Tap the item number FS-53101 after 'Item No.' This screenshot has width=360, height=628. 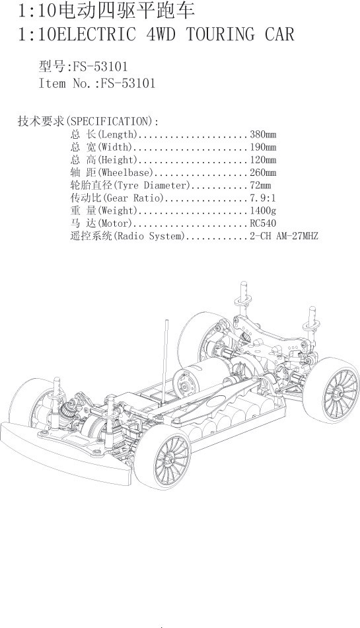(127, 83)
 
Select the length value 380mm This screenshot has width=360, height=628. (263, 134)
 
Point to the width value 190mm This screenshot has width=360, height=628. (263, 147)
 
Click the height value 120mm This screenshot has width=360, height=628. (263, 160)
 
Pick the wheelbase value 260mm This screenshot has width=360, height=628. (263, 173)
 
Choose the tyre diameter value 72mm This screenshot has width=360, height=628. (260, 185)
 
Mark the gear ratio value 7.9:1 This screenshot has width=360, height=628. (263, 198)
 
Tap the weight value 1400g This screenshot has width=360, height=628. (263, 210)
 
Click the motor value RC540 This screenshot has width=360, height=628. (263, 223)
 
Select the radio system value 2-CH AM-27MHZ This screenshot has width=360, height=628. (284, 236)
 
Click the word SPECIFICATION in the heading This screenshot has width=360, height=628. (109, 121)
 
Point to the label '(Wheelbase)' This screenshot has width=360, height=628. (126, 173)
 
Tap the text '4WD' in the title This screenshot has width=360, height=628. (161, 34)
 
